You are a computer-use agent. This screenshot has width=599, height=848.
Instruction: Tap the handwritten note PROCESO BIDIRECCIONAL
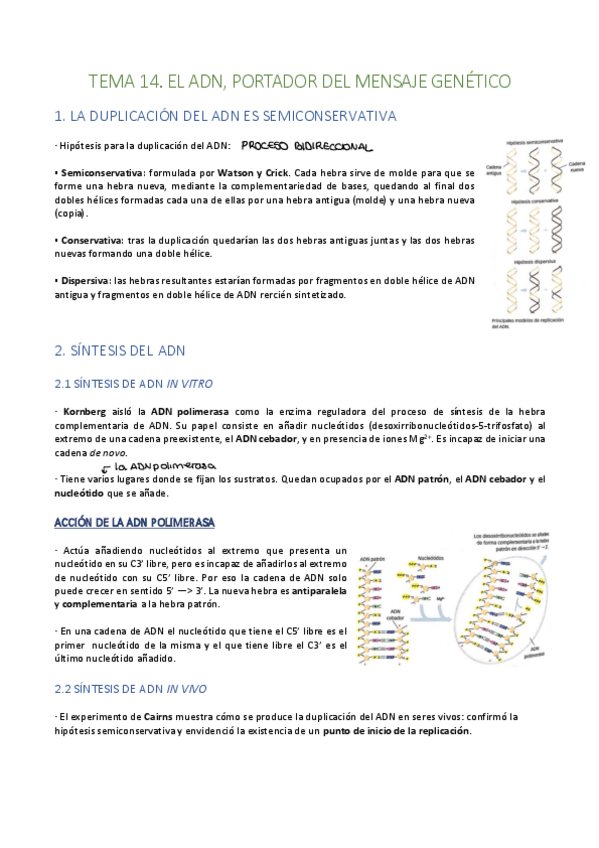[305, 146]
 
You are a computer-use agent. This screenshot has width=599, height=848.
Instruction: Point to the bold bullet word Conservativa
[87, 241]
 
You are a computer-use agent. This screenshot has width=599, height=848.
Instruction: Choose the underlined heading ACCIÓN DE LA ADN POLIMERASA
[135, 523]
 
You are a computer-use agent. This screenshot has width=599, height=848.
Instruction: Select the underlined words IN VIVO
[187, 689]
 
